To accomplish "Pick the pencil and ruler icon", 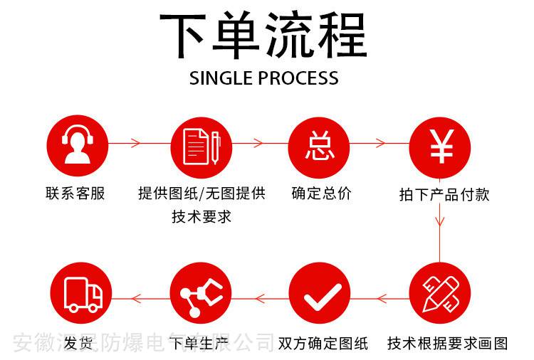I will click(440, 293).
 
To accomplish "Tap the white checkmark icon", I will click(320, 294).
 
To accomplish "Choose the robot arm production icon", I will click(201, 294).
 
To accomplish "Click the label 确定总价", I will click(321, 193).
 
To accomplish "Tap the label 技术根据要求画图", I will click(448, 344).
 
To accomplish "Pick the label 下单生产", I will click(201, 344).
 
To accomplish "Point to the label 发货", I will click(78, 344).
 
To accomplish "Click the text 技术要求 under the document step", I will click(201, 216).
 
